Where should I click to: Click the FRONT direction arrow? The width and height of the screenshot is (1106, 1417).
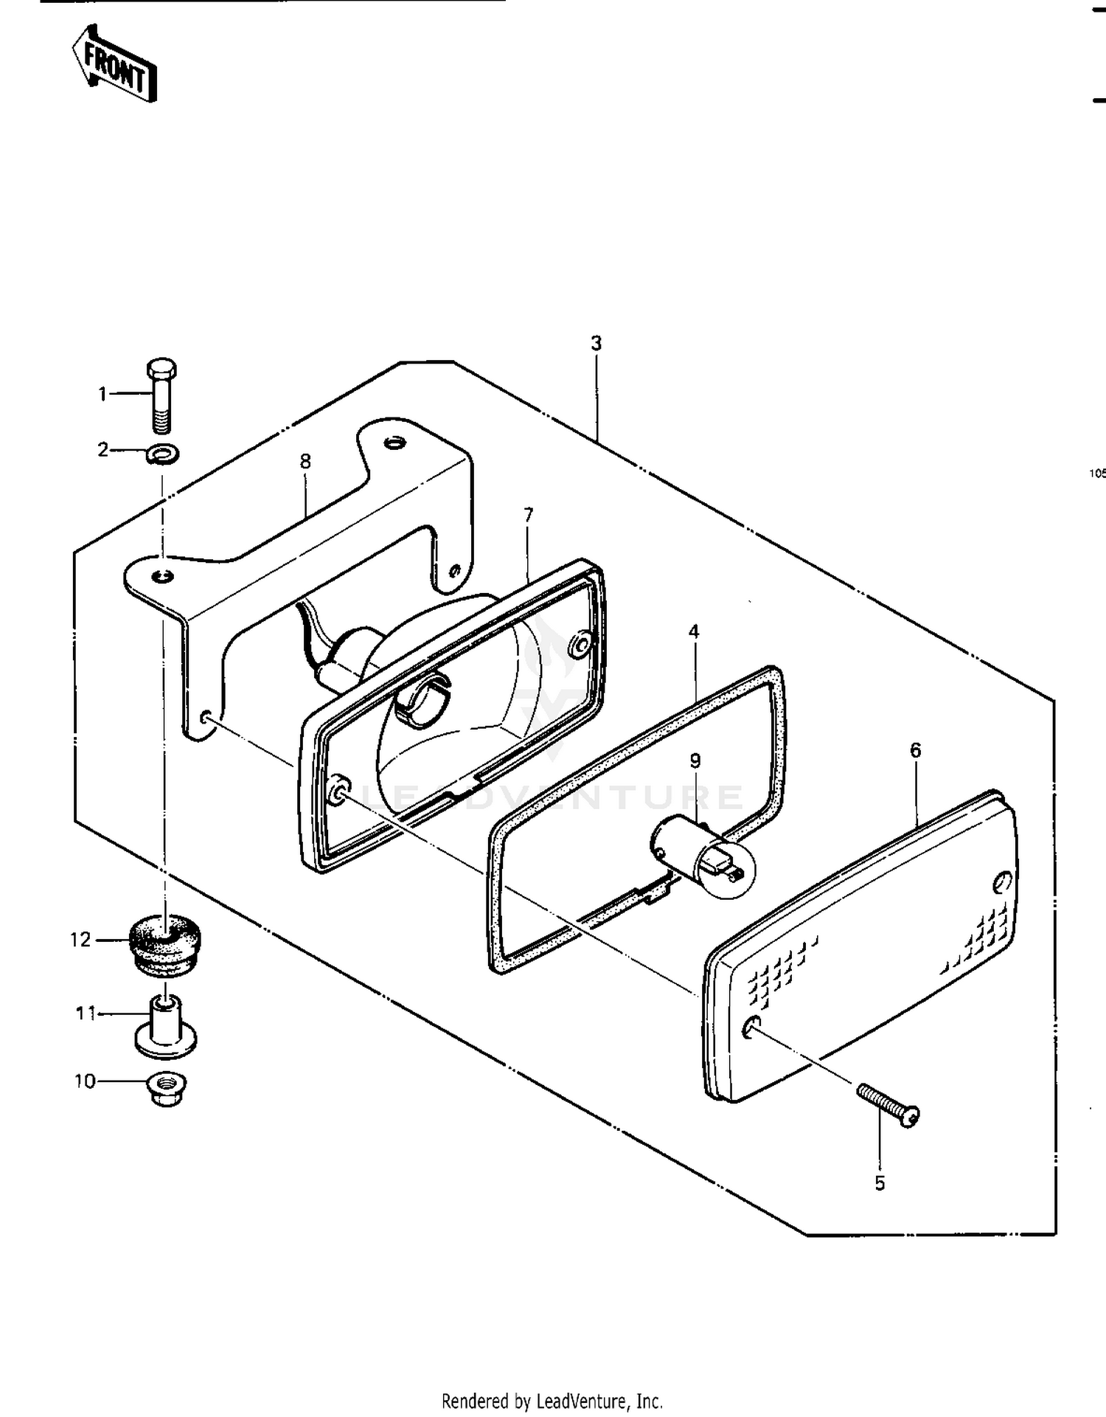(114, 64)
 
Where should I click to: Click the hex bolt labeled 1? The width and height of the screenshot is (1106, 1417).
(162, 396)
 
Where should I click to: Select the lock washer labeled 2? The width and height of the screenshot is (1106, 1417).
(162, 454)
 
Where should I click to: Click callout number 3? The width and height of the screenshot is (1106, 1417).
(596, 343)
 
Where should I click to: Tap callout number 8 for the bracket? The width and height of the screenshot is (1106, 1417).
(305, 462)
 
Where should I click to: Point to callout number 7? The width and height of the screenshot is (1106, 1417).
(528, 515)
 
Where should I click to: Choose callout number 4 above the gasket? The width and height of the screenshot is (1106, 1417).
(694, 631)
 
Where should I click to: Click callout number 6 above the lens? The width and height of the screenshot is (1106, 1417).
(915, 750)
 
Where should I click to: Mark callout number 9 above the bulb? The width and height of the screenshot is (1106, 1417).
(695, 760)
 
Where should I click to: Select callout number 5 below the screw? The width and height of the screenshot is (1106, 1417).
(880, 1183)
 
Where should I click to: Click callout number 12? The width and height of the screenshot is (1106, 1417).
(80, 940)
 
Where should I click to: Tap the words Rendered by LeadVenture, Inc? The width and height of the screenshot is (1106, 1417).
(552, 1400)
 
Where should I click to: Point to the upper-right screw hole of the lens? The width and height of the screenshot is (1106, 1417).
(1003, 882)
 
